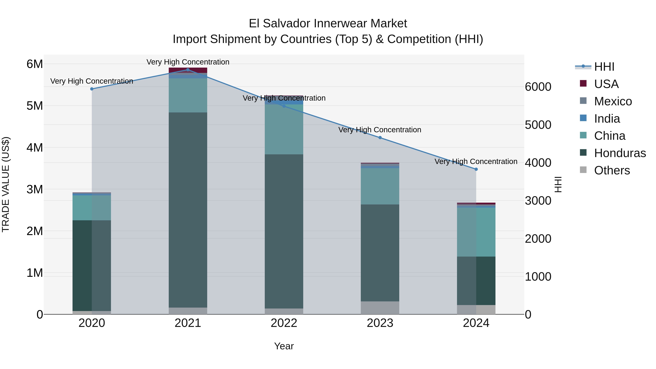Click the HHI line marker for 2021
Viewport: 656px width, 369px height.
[188, 70]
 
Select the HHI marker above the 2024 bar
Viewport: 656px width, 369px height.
[476, 169]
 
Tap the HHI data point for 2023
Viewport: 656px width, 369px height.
[380, 138]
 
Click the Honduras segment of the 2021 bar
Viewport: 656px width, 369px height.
[188, 210]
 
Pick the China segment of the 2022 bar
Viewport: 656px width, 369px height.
[284, 129]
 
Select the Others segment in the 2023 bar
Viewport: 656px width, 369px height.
[380, 308]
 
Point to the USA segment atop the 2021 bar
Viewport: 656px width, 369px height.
[188, 70]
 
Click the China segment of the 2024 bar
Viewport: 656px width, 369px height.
[476, 232]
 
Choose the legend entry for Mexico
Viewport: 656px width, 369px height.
[613, 101]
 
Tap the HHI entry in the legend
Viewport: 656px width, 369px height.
[604, 67]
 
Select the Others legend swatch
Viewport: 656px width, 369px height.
[583, 170]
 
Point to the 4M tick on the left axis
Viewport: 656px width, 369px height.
[35, 147]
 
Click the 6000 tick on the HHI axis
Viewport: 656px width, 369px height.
[538, 87]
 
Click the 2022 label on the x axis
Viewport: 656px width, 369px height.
[284, 323]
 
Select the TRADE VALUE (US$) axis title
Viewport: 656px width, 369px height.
[6, 184]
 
